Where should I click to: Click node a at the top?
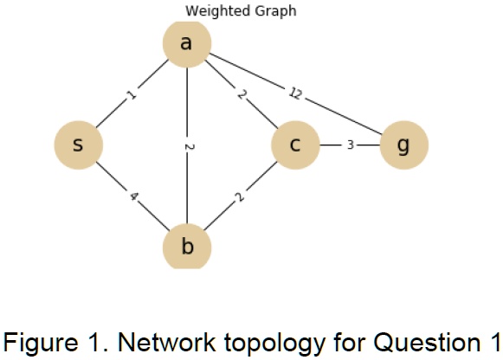coord(186,42)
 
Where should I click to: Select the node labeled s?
coord(78,144)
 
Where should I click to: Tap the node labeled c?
coord(294,144)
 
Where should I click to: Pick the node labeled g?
coord(403,144)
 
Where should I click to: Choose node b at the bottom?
coord(186,247)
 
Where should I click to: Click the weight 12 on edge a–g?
coord(294,93)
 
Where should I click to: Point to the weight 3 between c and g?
coord(350,145)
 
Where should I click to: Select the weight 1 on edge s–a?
coord(132,93)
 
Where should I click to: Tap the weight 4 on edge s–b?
coord(132,196)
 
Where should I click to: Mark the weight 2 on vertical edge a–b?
coord(187,145)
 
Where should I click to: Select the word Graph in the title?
coord(274,11)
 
